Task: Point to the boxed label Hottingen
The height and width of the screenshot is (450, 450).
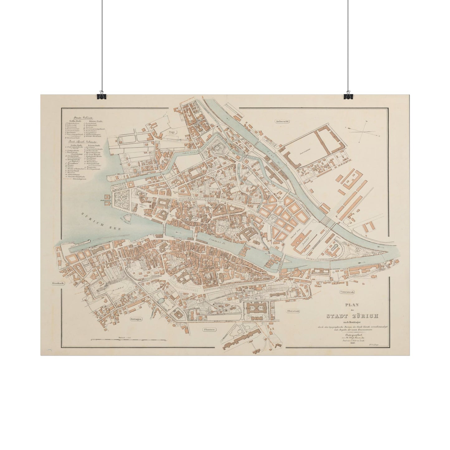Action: [x=136, y=319]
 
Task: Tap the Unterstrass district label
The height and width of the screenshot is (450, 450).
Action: [x=347, y=292]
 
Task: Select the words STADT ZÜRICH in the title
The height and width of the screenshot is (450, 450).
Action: [x=352, y=316]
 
